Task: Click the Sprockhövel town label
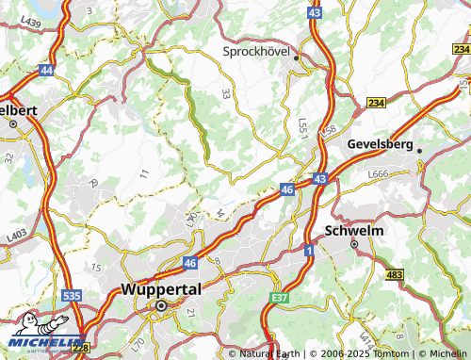[x=260, y=53]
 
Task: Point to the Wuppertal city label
[x=162, y=291]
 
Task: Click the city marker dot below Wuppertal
[x=162, y=306]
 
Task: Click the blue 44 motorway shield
[x=46, y=70]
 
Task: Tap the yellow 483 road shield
[x=395, y=274]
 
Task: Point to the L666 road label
[x=379, y=174]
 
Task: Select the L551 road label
[x=302, y=125]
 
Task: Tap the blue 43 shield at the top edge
[x=314, y=11]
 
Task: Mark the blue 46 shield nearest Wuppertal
[x=189, y=263]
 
